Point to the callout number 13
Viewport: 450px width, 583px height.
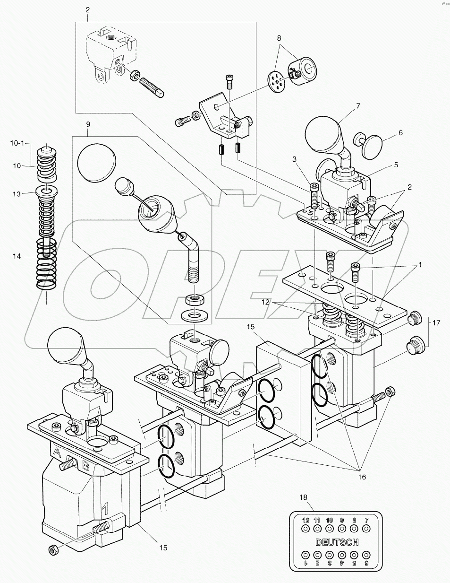[17, 194]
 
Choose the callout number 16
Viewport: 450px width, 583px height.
[361, 478]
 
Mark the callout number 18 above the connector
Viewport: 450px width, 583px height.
[303, 497]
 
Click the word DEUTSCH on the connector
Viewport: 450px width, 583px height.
[337, 542]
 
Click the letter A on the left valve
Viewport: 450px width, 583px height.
[57, 452]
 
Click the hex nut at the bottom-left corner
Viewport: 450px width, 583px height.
[53, 550]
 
